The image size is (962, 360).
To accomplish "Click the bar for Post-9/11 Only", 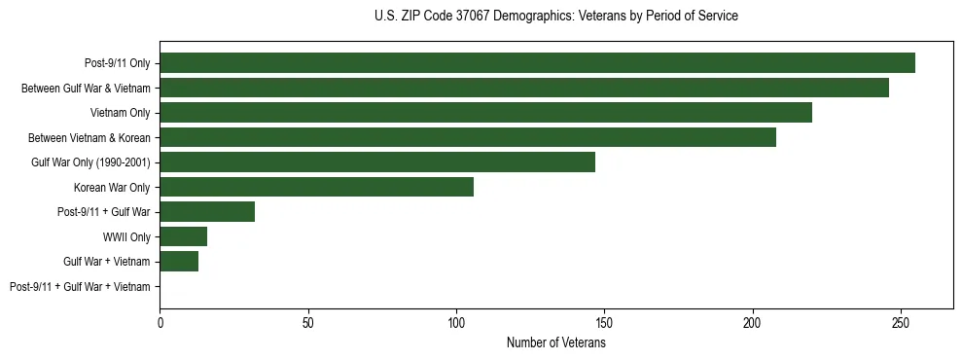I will click(537, 63).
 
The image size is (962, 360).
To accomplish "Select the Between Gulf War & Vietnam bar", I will click(524, 88).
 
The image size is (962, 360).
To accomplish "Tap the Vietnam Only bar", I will click(485, 113).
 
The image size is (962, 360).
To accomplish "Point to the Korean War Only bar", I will click(316, 187).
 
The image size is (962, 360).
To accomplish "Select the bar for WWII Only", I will click(184, 236).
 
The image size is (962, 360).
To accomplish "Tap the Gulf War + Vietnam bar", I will click(179, 261).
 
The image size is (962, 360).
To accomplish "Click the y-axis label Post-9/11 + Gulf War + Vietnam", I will click(80, 287).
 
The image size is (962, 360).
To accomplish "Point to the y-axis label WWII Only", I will click(126, 236).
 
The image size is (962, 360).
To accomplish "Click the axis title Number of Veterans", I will click(556, 342).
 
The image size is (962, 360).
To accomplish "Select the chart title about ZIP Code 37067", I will click(556, 16).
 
